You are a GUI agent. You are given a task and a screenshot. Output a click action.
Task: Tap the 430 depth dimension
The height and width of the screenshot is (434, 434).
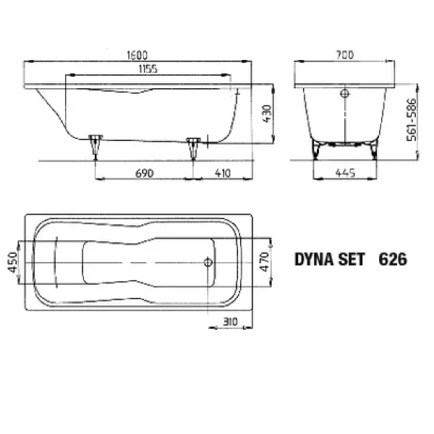265,113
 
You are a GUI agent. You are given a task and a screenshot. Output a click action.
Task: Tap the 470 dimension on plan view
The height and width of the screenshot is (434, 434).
265,262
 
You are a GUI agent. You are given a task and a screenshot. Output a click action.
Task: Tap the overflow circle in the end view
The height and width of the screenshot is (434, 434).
344,93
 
